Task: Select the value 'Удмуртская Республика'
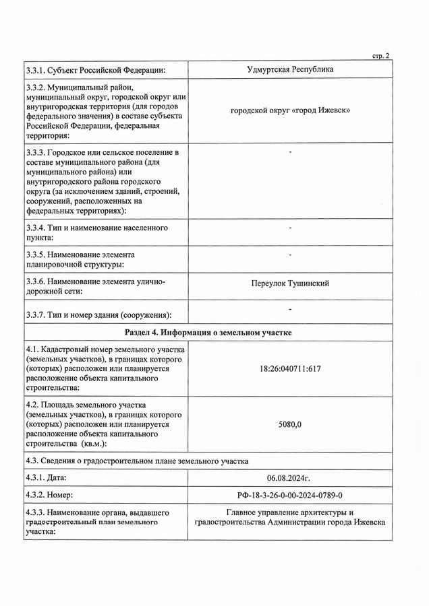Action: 289,69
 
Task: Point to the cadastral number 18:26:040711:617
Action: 289,370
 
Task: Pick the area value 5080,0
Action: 289,425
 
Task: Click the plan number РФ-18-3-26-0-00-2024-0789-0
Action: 289,495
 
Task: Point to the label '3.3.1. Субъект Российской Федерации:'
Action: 96,70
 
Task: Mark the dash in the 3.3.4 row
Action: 289,229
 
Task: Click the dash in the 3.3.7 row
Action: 289,309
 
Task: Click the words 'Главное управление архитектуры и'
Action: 289,513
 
